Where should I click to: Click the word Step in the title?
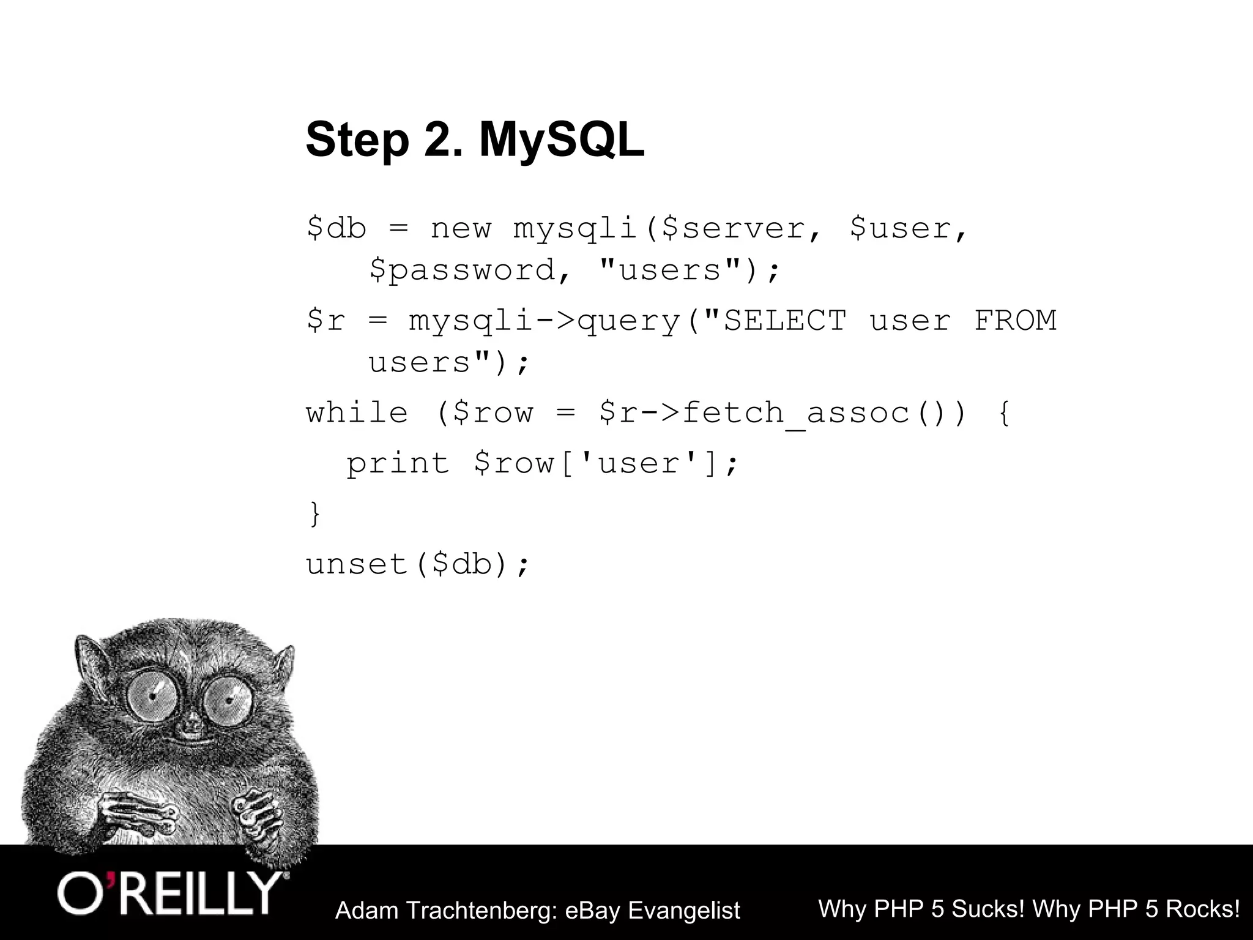pos(357,141)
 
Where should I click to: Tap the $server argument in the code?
pos(734,228)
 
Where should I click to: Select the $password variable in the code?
pos(462,270)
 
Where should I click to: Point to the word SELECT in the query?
pos(785,320)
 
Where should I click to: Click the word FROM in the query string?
pos(1015,320)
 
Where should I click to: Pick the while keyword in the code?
pos(357,412)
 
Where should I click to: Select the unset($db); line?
pos(417,563)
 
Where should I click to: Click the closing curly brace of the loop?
pos(315,513)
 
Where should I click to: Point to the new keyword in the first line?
pos(461,228)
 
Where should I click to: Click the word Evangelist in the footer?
pos(684,911)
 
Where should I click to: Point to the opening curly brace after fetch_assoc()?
pos(1004,412)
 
